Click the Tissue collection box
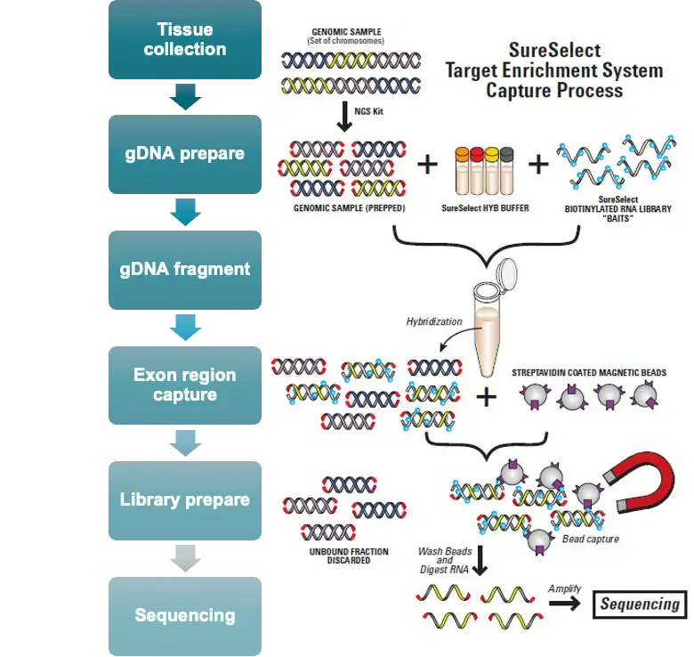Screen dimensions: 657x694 tap(185, 40)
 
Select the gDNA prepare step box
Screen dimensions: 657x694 tap(185, 154)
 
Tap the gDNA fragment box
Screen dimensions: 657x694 tap(185, 269)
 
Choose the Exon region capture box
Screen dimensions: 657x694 tap(185, 385)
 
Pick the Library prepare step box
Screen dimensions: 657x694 tap(185, 499)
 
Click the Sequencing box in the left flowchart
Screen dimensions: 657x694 tap(185, 615)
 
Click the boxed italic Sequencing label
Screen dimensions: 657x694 tap(640, 604)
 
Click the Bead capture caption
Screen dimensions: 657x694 tap(591, 539)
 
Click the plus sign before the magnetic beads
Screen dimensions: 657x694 tap(486, 396)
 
